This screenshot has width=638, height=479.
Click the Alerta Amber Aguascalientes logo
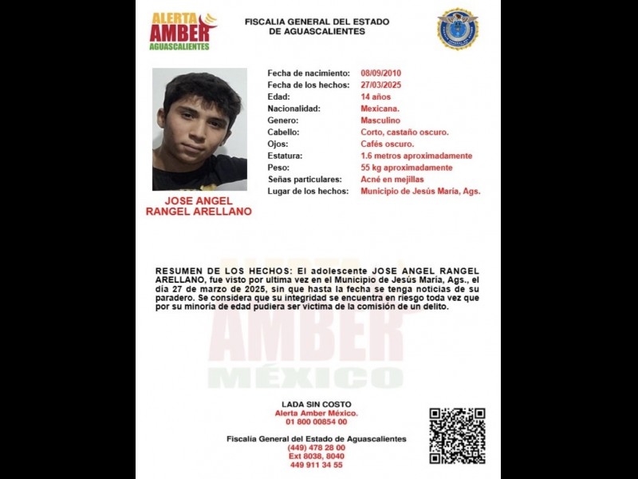pos(183,31)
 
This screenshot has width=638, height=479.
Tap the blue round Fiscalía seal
pos(457,29)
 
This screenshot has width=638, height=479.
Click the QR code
pos(457,435)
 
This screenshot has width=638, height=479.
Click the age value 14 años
pos(376,97)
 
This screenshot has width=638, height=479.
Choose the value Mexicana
pos(380,109)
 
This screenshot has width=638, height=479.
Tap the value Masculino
pos(380,121)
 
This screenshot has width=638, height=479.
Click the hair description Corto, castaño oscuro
pos(404,133)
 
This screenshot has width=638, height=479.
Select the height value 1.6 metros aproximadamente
pos(416,156)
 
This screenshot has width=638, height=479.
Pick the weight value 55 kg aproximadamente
pos(407,168)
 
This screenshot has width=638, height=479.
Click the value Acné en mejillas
pos(392,180)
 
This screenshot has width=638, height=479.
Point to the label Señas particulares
pos(305,180)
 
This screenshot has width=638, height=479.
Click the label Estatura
pos(285,156)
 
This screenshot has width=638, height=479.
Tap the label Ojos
pos(278,144)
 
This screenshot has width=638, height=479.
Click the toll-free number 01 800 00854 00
pos(317,422)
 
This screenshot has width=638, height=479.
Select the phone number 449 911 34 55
pos(317,465)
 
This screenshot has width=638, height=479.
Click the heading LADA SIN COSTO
pos(317,405)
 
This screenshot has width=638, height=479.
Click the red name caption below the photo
pos(199,206)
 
